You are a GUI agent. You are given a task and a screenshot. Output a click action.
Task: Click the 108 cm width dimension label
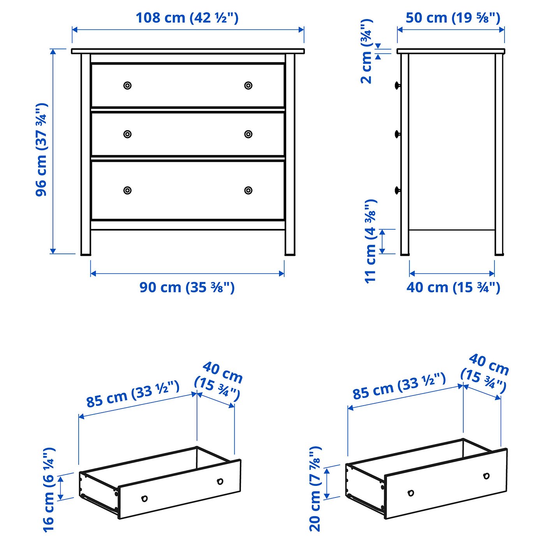tap(187, 18)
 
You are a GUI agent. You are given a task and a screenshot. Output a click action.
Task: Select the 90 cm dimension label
tap(187, 288)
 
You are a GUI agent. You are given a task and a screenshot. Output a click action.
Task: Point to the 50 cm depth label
tap(453, 18)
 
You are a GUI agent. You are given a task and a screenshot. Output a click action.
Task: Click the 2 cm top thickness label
tap(367, 51)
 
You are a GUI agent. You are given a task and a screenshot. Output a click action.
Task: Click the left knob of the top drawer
tap(128, 85)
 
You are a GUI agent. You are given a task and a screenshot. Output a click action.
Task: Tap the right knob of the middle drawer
tap(248, 134)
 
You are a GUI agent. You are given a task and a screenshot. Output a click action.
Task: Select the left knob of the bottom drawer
tap(128, 190)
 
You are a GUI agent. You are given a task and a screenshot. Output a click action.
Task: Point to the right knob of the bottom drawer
tap(248, 190)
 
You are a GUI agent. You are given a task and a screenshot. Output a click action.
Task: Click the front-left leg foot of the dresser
tap(86, 254)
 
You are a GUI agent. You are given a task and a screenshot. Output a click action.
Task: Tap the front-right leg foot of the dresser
tap(290, 254)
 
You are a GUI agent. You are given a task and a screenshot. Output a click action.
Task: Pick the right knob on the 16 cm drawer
tap(220, 482)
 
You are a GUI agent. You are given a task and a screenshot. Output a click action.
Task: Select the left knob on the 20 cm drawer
tap(411, 493)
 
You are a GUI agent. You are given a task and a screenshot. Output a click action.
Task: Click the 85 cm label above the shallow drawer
tap(133, 394)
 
